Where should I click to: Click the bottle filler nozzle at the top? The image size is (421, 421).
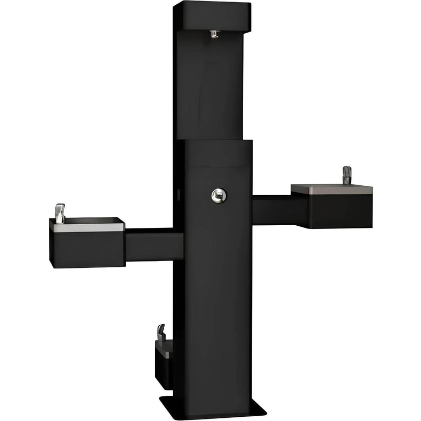214,34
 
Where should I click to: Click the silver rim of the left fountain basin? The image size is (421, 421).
89,226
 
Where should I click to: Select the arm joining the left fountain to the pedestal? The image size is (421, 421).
153,244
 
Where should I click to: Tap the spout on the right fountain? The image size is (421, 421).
346,175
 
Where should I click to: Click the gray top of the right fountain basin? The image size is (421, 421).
332,189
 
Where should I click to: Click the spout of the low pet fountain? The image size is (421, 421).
161,332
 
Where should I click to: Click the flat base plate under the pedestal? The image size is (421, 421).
210,407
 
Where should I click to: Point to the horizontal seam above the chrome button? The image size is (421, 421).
218,167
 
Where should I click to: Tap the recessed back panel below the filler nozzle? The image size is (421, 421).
213,89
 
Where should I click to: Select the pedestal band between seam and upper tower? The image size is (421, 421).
218,153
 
